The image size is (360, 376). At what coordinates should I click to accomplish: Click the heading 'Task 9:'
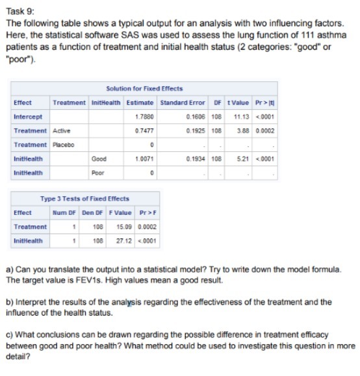pyautogui.click(x=20, y=7)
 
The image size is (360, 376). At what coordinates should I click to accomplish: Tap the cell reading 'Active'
pyautogui.click(x=62, y=131)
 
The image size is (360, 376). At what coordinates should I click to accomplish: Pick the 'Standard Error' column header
pyautogui.click(x=182, y=103)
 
